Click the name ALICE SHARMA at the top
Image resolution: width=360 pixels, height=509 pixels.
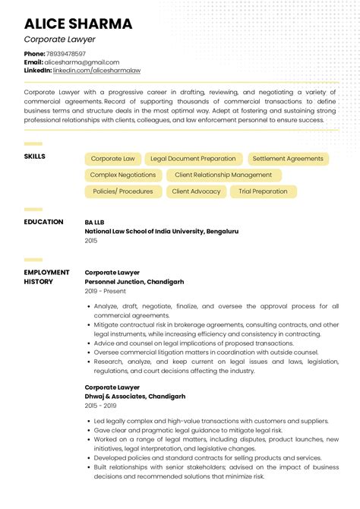(78, 24)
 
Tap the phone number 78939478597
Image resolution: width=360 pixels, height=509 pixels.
(66, 54)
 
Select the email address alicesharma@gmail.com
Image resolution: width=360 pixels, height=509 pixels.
(82, 62)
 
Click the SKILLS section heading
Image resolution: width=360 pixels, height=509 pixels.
(35, 156)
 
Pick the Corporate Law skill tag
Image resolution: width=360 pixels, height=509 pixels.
(112, 159)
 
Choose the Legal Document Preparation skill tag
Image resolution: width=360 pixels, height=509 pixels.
(193, 159)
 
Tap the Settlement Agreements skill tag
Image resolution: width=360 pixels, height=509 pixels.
(288, 159)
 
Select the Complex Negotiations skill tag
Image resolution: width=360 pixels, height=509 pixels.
(122, 175)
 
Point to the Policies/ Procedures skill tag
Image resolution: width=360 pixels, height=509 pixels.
(122, 191)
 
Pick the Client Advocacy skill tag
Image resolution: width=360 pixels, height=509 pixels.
(196, 191)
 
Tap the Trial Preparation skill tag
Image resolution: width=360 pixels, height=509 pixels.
(263, 191)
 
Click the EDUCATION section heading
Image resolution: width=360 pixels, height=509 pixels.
(44, 222)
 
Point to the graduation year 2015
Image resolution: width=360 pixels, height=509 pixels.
(91, 240)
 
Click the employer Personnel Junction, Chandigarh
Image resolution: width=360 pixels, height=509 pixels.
(134, 281)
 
